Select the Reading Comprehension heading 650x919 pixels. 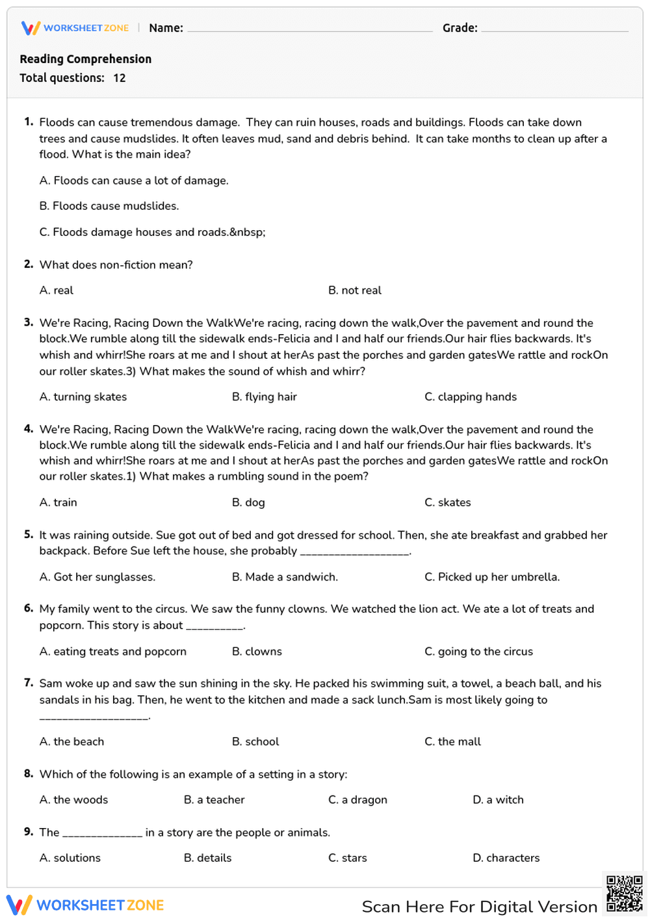coord(85,59)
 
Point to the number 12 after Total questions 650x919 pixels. coord(119,78)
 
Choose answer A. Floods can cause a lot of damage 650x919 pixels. coord(134,181)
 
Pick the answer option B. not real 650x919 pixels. coord(354,291)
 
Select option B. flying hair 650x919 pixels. coord(264,397)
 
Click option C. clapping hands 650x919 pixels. coord(471,397)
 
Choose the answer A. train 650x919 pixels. coord(58,502)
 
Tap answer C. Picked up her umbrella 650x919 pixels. coord(492,577)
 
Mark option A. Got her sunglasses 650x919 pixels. coord(97,577)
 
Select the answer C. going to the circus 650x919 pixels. coord(478,652)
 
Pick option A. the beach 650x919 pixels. coord(71,742)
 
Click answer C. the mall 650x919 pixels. coord(452,742)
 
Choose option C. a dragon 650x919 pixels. coord(357,800)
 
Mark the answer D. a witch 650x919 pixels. coord(498,800)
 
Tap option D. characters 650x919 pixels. coord(506,858)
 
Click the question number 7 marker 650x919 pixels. coord(29,683)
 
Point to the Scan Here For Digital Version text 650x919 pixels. coord(479,907)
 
